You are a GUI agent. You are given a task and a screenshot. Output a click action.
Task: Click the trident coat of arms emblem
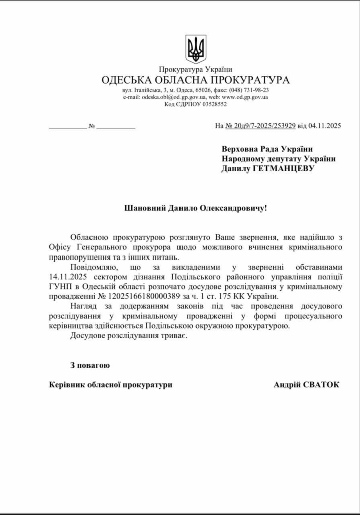pyautogui.click(x=196, y=49)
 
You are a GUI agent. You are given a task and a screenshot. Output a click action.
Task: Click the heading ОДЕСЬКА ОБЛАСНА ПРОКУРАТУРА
pyautogui.click(x=196, y=80)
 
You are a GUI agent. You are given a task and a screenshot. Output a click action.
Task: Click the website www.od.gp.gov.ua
pyautogui.click(x=245, y=97)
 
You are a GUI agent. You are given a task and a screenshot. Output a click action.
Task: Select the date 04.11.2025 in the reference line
pyautogui.click(x=325, y=126)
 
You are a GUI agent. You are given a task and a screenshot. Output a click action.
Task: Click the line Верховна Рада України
pyautogui.click(x=267, y=149)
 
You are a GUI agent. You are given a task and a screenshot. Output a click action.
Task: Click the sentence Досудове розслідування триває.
pyautogui.click(x=129, y=335)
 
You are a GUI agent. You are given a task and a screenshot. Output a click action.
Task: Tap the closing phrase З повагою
pyautogui.click(x=90, y=365)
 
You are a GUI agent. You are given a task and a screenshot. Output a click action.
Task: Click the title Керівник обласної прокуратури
pyautogui.click(x=111, y=385)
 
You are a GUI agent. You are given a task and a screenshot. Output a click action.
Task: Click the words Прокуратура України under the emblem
pyautogui.click(x=196, y=69)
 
